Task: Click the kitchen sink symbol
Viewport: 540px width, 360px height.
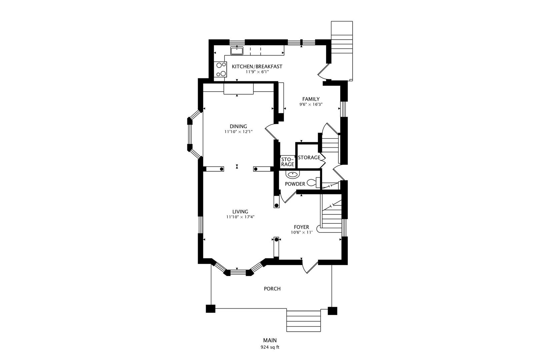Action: point(237,51)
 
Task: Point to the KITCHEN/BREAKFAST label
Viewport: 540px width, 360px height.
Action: point(257,66)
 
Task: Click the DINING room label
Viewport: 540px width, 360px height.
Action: point(238,126)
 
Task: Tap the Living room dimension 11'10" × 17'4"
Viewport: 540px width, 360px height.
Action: point(240,217)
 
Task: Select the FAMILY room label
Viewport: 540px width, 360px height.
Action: point(311,99)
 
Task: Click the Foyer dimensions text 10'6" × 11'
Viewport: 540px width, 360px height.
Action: point(301,232)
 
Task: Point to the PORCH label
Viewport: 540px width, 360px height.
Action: point(272,289)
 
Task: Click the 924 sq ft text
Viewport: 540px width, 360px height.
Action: point(270,347)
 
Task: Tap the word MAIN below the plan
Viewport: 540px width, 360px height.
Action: point(270,340)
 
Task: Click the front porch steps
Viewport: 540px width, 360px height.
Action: point(303,320)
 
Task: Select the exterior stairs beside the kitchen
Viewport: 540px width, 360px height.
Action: point(342,50)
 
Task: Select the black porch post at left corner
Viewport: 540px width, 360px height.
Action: point(210,309)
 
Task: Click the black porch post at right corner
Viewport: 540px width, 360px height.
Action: point(332,311)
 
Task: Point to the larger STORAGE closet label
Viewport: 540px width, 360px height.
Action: point(309,157)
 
